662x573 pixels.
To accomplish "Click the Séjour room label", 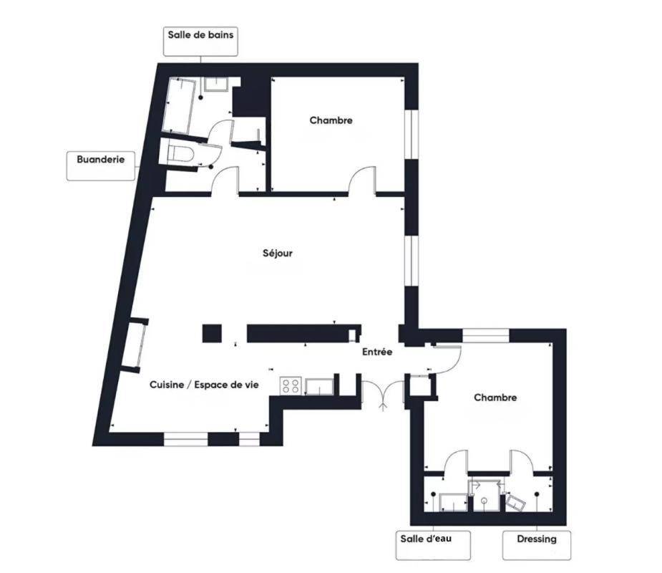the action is tap(278, 253).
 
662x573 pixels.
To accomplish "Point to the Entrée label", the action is tap(377, 352).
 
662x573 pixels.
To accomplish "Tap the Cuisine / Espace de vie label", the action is tap(205, 385).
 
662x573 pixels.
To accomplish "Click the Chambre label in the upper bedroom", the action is tap(331, 120).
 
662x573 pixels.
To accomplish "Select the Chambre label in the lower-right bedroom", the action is tap(495, 398).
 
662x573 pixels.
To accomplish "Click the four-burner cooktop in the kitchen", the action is tap(291, 386).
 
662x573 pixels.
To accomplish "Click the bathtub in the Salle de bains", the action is tap(179, 105).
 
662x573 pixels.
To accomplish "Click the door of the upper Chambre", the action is tap(362, 180).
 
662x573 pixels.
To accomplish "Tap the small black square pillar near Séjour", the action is tap(212, 333).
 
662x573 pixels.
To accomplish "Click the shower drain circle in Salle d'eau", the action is tap(485, 501).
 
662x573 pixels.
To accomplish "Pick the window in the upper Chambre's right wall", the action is tap(412, 135).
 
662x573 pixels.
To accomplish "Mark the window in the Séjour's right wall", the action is tap(412, 259).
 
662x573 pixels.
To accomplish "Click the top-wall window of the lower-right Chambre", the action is tap(486, 335).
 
